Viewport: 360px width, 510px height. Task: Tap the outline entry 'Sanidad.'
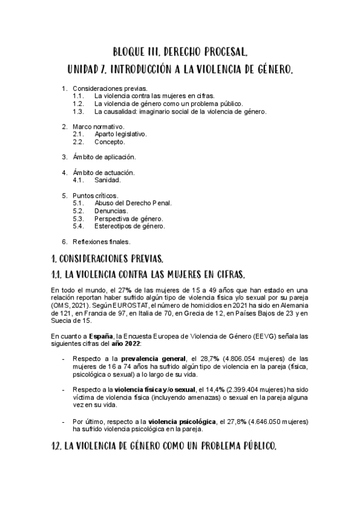pyautogui.click(x=108, y=180)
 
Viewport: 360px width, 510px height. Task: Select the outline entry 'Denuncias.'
pyautogui.click(x=111, y=211)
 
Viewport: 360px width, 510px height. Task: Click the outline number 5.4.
pyautogui.click(x=78, y=227)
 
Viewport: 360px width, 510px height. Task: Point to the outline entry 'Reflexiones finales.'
pyautogui.click(x=102, y=242)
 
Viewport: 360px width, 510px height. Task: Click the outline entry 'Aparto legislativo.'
pyautogui.click(x=120, y=134)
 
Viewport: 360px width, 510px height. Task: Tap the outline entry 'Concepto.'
pyautogui.click(x=110, y=142)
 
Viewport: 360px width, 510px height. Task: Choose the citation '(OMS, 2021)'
pyautogui.click(x=69, y=306)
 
